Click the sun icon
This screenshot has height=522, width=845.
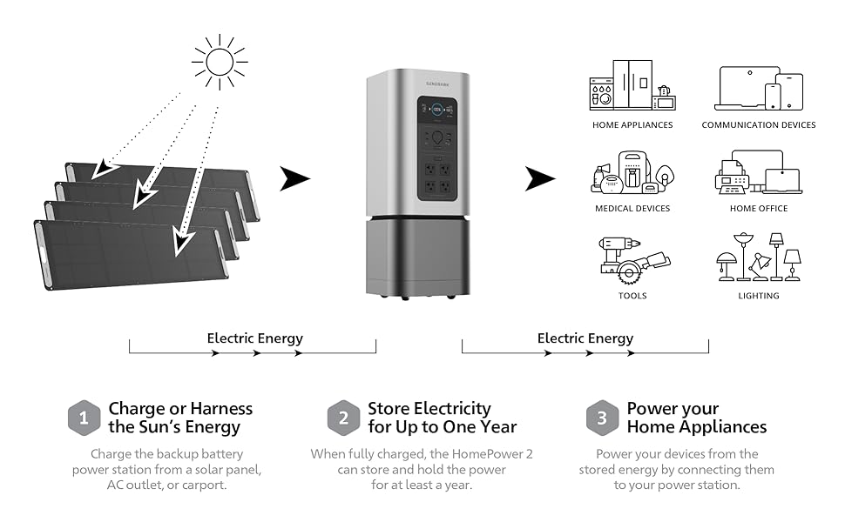(220, 62)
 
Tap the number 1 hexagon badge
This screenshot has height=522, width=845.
(84, 418)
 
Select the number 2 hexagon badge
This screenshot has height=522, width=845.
(343, 418)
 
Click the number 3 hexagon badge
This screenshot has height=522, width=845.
(602, 418)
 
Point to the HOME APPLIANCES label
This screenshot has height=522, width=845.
(632, 125)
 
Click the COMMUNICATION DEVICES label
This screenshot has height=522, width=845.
(759, 125)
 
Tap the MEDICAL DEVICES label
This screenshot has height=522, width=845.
(632, 209)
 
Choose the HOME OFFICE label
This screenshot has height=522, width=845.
(759, 209)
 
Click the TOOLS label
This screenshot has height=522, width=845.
(632, 296)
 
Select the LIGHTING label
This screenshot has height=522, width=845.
(759, 296)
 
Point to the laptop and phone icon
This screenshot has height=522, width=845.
(759, 88)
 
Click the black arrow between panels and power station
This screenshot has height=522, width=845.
(295, 180)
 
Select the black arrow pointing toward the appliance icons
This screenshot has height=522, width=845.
(539, 180)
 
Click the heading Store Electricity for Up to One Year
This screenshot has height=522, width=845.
(442, 418)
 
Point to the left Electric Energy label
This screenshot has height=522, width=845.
(255, 338)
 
